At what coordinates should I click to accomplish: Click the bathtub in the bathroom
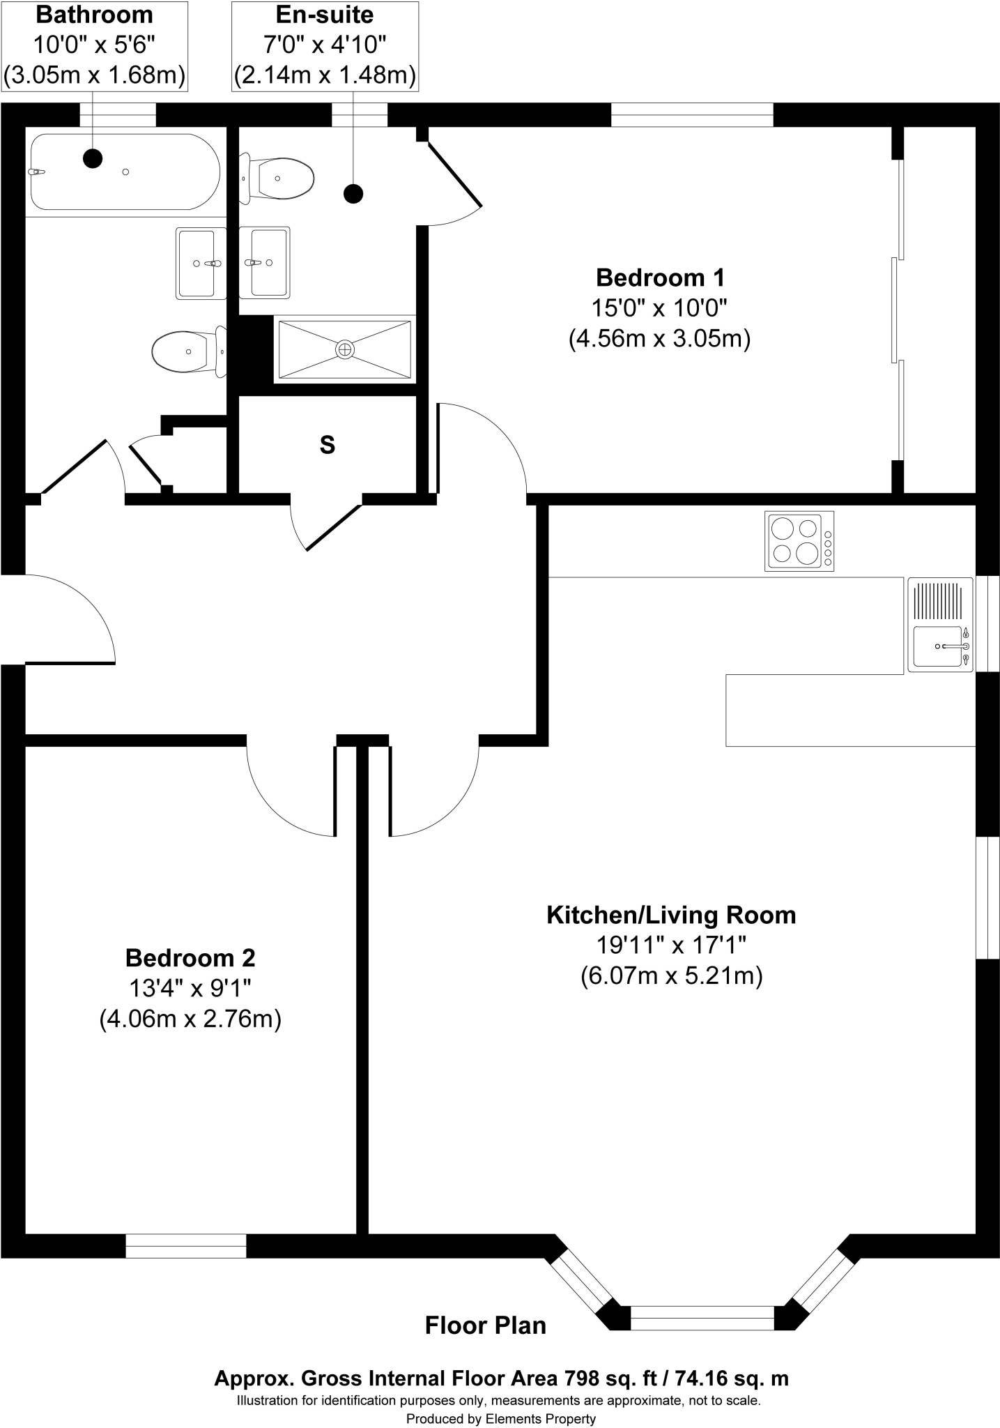[x=125, y=172]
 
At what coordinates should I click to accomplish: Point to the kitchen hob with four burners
[x=799, y=541]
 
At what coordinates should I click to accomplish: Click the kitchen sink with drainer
[x=939, y=625]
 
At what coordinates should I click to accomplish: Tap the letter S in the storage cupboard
[x=327, y=445]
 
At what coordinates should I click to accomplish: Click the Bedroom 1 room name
[x=660, y=278]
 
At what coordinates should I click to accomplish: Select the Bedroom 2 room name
[x=190, y=957]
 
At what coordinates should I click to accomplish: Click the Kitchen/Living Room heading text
[x=671, y=914]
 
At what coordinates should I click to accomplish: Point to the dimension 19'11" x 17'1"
[x=671, y=945]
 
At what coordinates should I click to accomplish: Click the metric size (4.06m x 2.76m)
[x=190, y=1019]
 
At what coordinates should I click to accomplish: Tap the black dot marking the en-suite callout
[x=354, y=193]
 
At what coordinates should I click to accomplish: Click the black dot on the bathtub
[x=93, y=158]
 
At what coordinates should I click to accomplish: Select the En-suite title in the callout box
[x=325, y=15]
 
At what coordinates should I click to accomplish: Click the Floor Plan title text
[x=486, y=1325]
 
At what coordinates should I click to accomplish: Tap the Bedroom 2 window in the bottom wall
[x=186, y=1246]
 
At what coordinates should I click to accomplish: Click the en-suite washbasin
[x=265, y=263]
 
